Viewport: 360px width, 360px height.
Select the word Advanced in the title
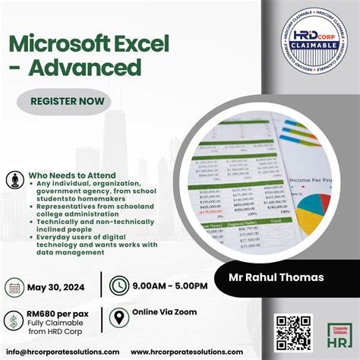tap(86, 67)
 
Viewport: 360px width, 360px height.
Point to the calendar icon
tap(14, 286)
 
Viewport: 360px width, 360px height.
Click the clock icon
tap(118, 286)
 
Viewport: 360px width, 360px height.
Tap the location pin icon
tap(118, 317)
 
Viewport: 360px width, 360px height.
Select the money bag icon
tap(14, 318)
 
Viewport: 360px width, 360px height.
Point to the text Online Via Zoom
tap(164, 312)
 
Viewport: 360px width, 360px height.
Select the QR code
tap(292, 331)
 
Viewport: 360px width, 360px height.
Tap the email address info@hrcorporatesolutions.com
tap(60, 352)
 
